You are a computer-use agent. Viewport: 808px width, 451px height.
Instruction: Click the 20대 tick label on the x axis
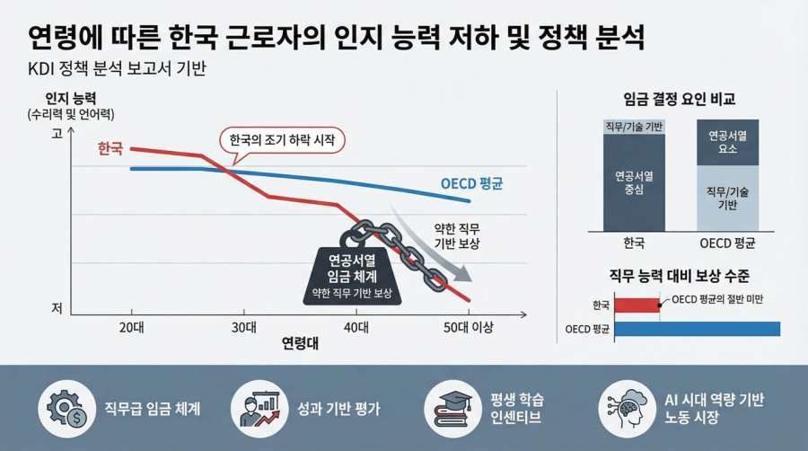(132, 327)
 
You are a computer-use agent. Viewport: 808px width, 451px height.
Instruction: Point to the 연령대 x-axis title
(299, 344)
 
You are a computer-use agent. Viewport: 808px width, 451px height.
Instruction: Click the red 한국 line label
(110, 149)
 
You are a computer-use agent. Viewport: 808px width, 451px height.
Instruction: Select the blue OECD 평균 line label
(471, 183)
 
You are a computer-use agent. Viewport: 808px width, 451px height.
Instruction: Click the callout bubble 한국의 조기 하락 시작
(283, 141)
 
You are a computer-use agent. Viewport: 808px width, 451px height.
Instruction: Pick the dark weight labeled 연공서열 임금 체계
(352, 273)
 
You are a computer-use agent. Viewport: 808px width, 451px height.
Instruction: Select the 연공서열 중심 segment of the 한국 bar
(634, 183)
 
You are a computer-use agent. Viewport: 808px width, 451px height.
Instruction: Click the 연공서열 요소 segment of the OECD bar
(728, 142)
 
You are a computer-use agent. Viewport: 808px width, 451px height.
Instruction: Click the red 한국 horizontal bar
(637, 305)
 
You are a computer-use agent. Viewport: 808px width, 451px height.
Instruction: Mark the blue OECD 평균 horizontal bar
(697, 330)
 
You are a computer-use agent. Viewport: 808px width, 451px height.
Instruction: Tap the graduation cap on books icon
(450, 409)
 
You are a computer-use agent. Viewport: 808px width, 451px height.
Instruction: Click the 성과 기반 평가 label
(338, 410)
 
